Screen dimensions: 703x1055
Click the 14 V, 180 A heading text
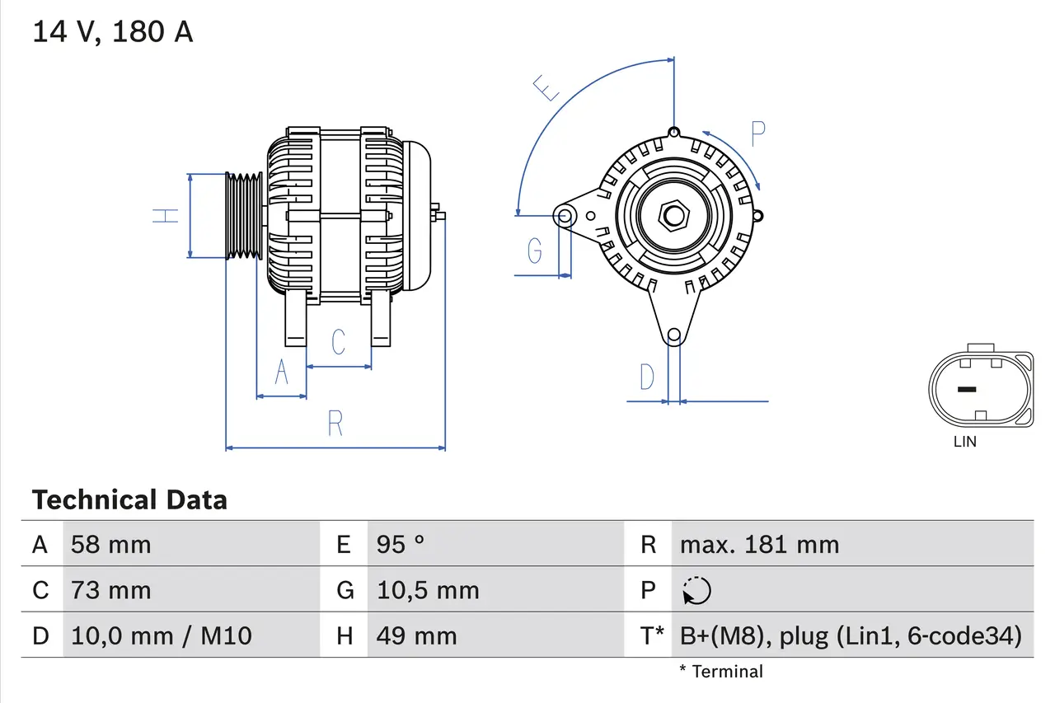pos(112,32)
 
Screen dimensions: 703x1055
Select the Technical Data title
pos(129,500)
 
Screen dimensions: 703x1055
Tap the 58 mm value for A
pos(111,545)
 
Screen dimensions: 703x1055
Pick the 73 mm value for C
pos(111,591)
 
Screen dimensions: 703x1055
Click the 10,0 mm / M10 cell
pos(162,636)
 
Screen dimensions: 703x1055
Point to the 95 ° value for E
pos(401,545)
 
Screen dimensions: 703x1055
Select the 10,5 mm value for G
pos(428,591)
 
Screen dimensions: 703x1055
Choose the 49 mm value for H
pos(416,636)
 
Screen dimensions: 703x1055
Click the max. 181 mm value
pos(759,545)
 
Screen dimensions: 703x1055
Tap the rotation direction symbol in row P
pos(696,591)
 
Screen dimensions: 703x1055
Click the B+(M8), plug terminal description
pos(851,636)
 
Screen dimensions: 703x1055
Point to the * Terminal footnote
pos(721,672)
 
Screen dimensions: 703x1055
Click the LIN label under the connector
pos(964,442)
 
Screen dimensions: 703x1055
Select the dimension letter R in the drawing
pos(335,423)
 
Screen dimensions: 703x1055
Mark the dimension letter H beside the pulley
pos(166,216)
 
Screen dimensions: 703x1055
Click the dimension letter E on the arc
pos(545,87)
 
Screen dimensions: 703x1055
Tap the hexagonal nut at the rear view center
pos(673,216)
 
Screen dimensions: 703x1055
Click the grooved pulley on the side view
pos(244,216)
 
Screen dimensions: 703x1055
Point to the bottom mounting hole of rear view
pos(673,335)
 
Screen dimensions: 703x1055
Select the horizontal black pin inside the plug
pos(965,389)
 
